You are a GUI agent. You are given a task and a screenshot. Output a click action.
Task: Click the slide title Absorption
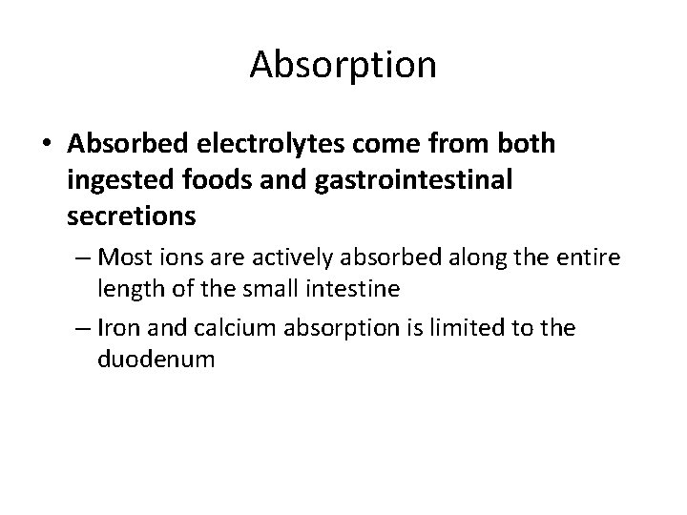343,65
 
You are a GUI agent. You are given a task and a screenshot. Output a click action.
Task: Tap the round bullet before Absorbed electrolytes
46,144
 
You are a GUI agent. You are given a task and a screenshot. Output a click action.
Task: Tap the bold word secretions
132,216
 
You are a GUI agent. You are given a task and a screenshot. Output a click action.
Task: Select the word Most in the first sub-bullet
124,257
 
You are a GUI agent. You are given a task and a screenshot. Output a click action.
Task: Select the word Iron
120,328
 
